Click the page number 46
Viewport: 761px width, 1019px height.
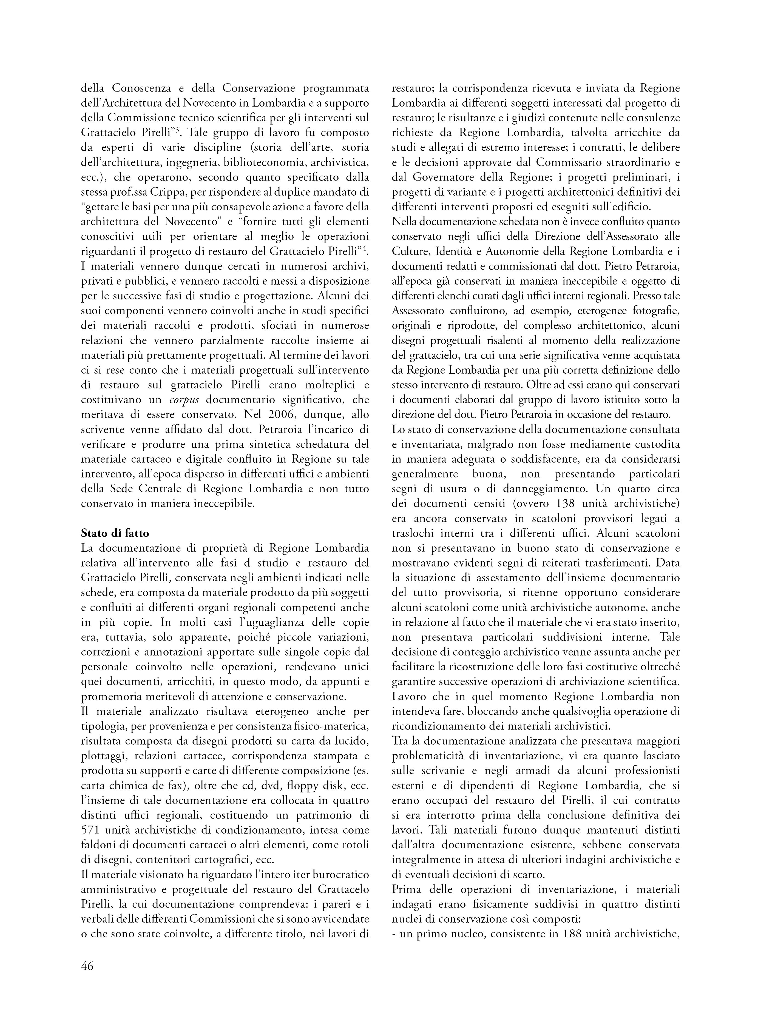tap(87, 966)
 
